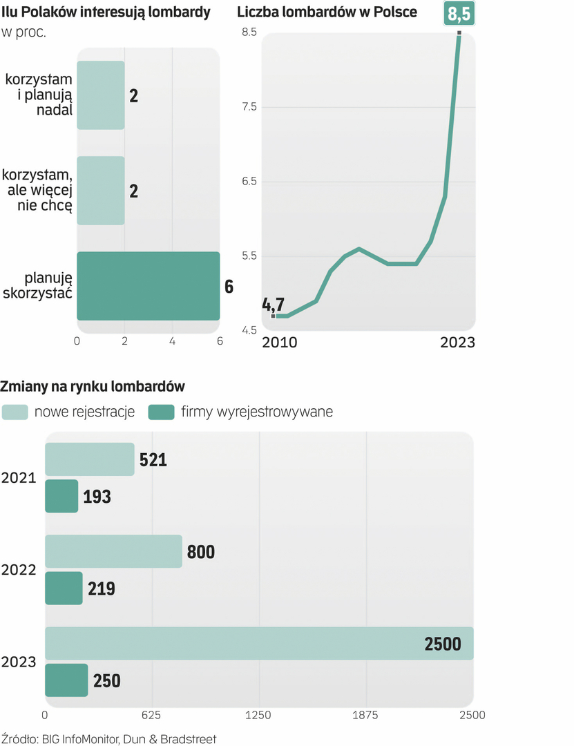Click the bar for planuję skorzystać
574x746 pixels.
[x=148, y=286]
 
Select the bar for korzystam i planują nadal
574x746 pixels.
[x=101, y=95]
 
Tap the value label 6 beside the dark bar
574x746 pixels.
[x=229, y=286]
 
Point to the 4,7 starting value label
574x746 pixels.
[x=274, y=303]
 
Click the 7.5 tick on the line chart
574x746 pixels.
[x=248, y=107]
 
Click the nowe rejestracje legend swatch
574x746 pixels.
[x=15, y=412]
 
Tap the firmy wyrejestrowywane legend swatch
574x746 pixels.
[x=161, y=412]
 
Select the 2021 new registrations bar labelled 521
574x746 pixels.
[x=90, y=459]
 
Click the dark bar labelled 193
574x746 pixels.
[x=61, y=497]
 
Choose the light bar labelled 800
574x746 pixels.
[x=113, y=551]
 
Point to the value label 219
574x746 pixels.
[x=102, y=589]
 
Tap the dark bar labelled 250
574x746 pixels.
[x=66, y=680]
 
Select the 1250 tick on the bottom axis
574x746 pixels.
[x=258, y=715]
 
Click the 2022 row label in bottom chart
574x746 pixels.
[x=19, y=570]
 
